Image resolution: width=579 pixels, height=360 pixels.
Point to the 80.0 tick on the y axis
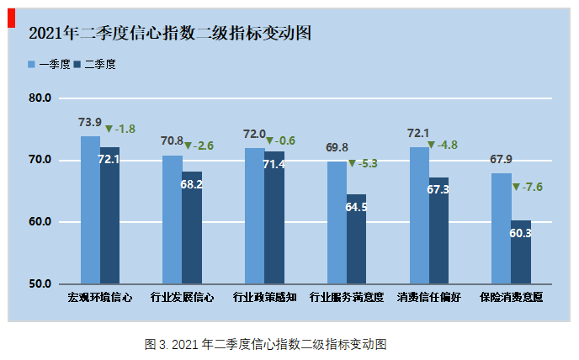pyautogui.click(x=40, y=98)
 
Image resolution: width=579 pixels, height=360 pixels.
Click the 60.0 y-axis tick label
pyautogui.click(x=40, y=222)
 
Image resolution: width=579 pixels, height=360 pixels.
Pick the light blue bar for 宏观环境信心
pyautogui.click(x=90, y=209)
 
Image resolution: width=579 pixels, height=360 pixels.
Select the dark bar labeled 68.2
pyautogui.click(x=192, y=227)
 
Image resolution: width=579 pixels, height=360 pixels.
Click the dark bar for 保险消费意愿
pyautogui.click(x=521, y=251)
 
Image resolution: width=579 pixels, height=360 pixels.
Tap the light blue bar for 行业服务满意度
pyautogui.click(x=337, y=222)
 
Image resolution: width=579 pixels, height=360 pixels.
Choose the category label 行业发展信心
pyautogui.click(x=182, y=297)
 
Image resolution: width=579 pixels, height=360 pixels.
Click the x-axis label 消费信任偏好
pyautogui.click(x=429, y=297)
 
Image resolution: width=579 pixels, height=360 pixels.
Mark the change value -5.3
pyautogui.click(x=369, y=163)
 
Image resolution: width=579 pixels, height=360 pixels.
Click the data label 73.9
pyautogui.click(x=90, y=123)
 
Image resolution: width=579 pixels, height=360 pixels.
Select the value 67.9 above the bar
pyautogui.click(x=502, y=160)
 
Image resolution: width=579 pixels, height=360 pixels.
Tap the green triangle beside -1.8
pyautogui.click(x=109, y=130)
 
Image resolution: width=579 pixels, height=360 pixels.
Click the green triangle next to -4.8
pyautogui.click(x=431, y=146)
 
